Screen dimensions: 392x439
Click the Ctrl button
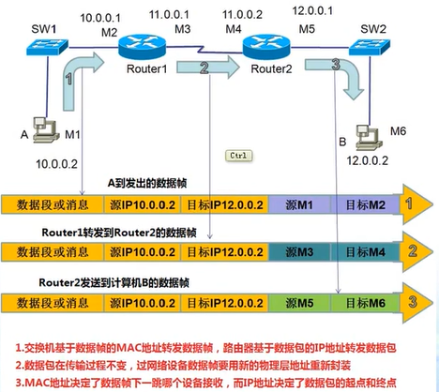[x=239, y=155]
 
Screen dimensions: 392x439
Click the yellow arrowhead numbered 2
[x=410, y=251]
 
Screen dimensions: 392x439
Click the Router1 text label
[x=146, y=69]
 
